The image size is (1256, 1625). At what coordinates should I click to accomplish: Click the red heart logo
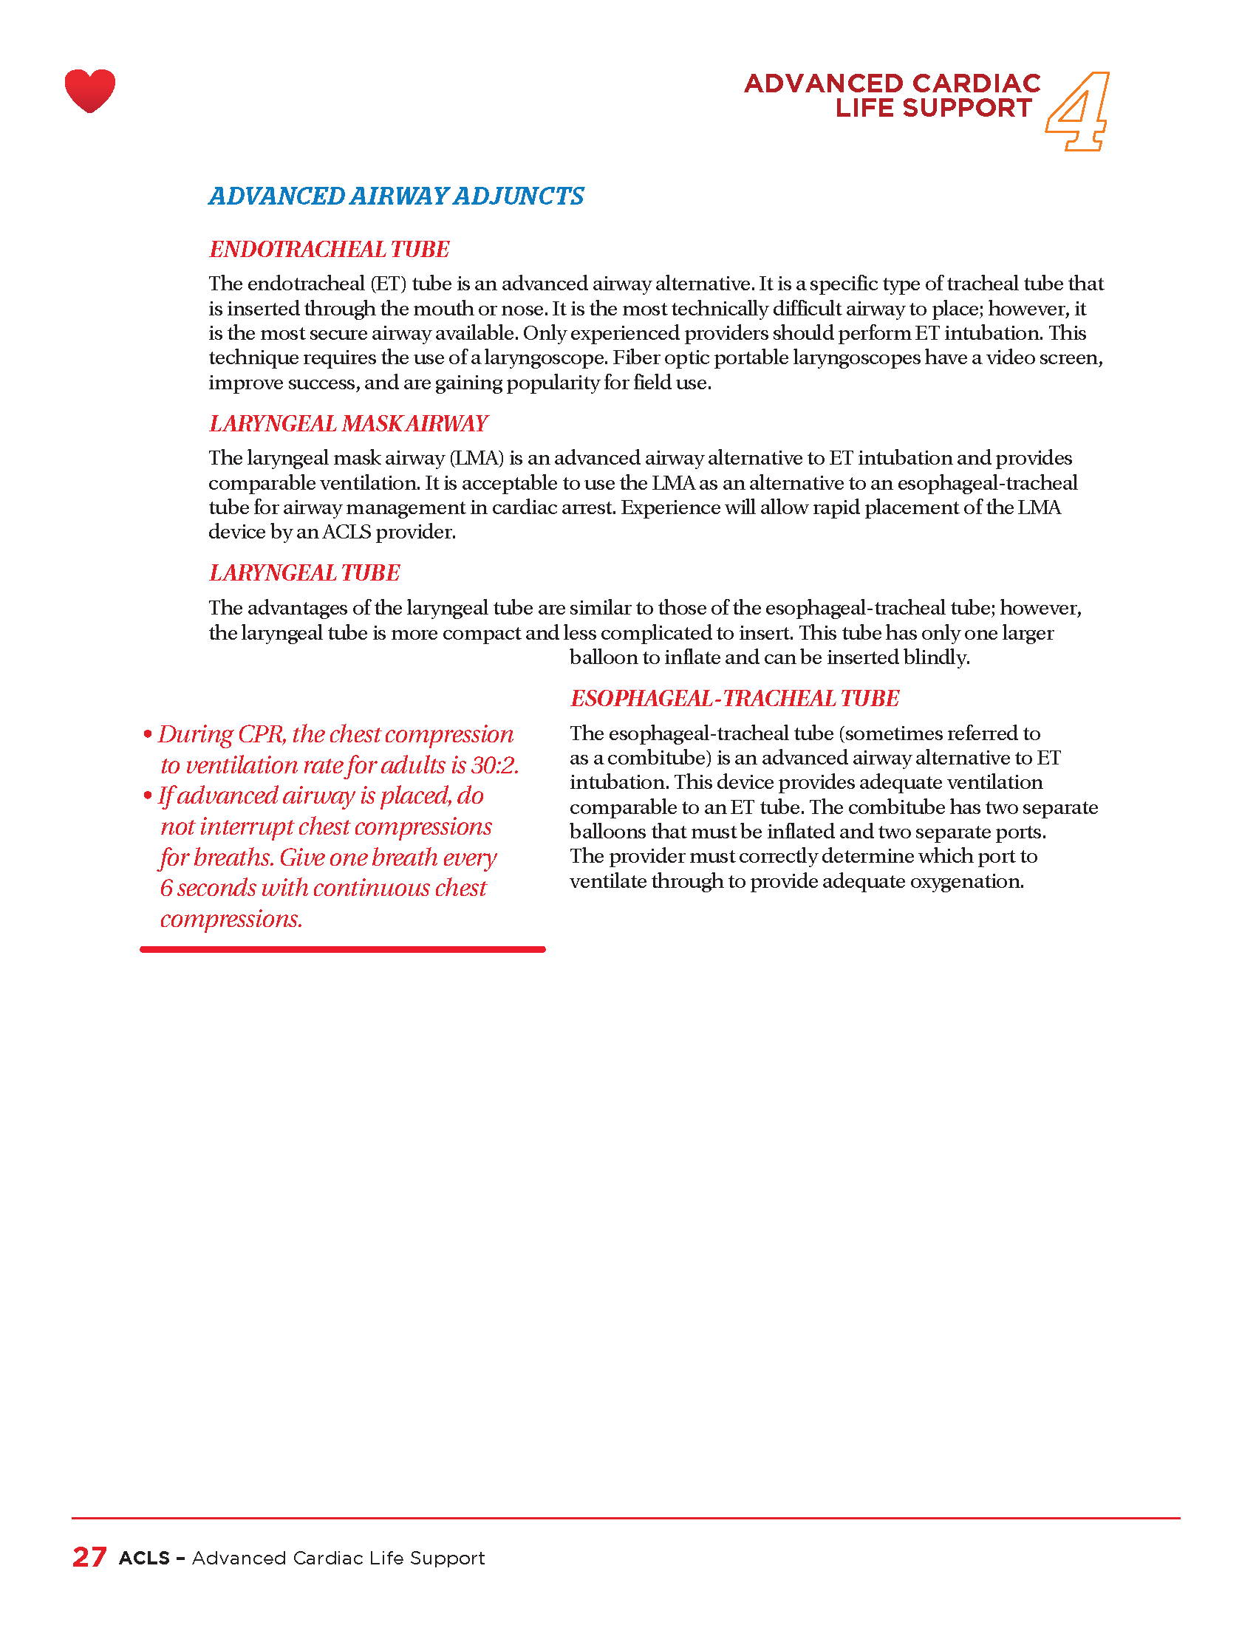pos(90,90)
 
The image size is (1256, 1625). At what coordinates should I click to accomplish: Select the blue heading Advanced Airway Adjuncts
pos(396,196)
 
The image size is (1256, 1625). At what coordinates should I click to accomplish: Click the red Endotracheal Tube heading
pos(329,249)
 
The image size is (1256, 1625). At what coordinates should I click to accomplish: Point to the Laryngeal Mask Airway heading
pos(348,423)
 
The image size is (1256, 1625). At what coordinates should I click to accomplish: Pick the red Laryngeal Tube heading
pos(304,572)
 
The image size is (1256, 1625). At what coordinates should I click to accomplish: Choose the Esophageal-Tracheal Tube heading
pos(734,698)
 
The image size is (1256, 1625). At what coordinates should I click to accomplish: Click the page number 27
pos(89,1557)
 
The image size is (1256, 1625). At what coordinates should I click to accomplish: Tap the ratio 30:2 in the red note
pos(494,765)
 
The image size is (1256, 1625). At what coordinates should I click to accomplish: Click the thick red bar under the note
pos(342,949)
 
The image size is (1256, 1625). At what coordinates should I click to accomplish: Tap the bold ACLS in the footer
pos(144,1558)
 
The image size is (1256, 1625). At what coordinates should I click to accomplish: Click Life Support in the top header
pos(933,108)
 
